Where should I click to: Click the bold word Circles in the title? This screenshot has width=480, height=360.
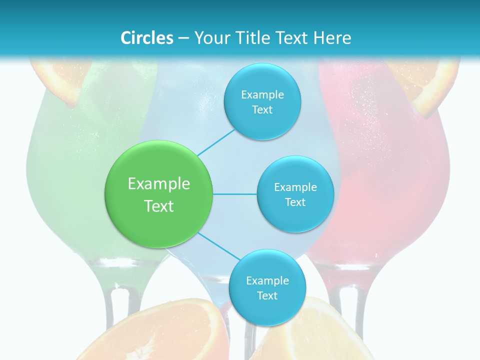pos(147,38)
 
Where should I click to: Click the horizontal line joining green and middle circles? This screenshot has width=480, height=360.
pos(235,194)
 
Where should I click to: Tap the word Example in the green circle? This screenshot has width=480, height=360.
pos(159,184)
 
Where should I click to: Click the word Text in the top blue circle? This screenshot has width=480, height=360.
pos(262,110)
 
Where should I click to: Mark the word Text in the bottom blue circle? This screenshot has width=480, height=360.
pos(267,296)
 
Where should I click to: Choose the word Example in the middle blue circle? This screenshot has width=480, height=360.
pos(295,187)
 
